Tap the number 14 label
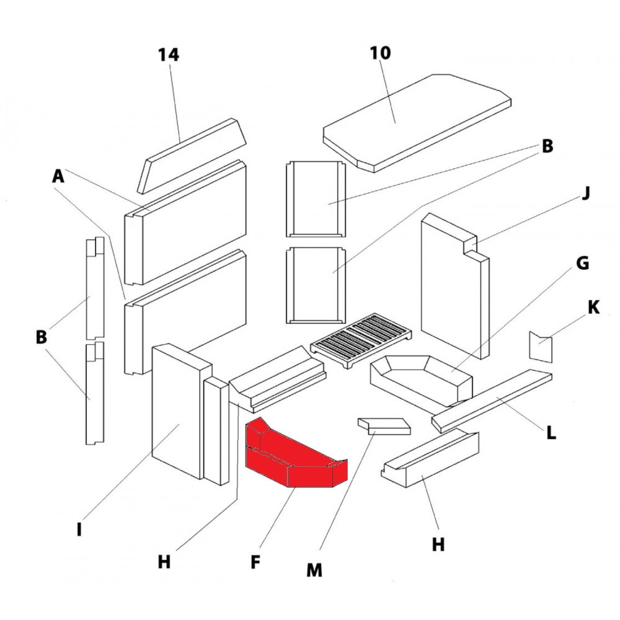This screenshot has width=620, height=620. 168,55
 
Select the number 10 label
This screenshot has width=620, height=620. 381,53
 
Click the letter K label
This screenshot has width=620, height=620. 593,307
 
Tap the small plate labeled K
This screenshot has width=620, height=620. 539,346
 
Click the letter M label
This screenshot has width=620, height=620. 315,569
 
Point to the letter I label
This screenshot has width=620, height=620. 79,531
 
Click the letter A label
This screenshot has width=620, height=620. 58,177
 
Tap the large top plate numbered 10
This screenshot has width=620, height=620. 415,121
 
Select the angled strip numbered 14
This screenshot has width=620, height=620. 192,155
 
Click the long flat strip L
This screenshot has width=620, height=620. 493,400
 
